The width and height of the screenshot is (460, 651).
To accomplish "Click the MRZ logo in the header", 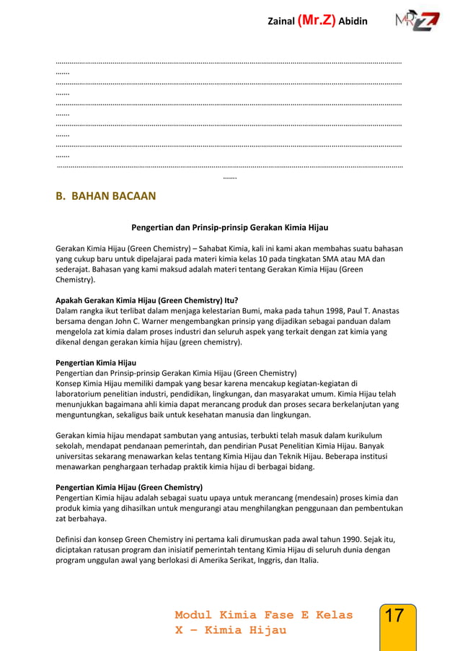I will [x=417, y=21].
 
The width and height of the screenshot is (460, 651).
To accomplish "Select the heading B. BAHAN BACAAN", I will [x=105, y=196].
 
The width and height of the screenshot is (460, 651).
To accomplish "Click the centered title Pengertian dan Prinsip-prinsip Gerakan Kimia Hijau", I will [x=229, y=227].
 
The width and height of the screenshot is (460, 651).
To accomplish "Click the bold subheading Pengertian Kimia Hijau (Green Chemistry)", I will [x=129, y=486].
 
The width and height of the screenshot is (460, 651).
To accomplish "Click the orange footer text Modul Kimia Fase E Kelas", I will [x=263, y=615].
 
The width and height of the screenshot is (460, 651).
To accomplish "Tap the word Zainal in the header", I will [x=280, y=21].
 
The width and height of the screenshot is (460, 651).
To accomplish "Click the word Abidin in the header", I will [x=353, y=21].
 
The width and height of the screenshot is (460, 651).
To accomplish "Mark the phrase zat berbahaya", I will [x=80, y=518].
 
